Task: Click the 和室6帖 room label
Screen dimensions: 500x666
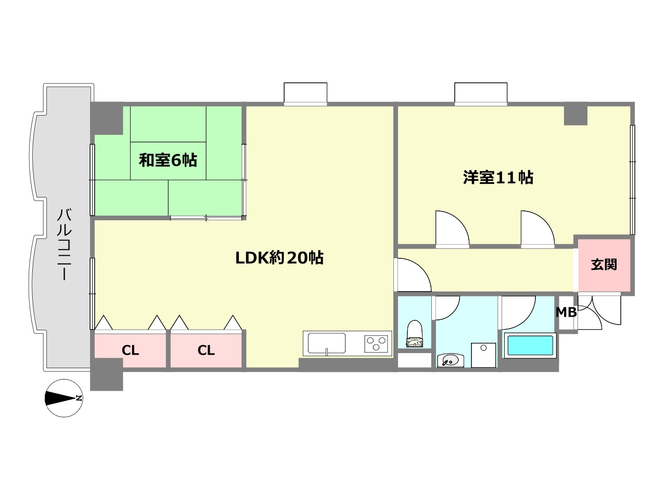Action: (x=168, y=160)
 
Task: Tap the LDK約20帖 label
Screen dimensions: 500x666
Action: (x=279, y=257)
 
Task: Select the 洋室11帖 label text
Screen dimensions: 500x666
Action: (x=498, y=178)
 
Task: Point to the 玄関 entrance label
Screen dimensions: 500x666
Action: (x=604, y=265)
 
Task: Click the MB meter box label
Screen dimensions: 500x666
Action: (x=566, y=312)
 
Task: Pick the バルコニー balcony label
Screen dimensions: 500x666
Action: (x=64, y=244)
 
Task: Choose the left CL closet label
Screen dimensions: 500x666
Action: (x=130, y=351)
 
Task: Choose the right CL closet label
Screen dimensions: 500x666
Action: (x=206, y=351)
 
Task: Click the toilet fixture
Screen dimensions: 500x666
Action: (x=415, y=334)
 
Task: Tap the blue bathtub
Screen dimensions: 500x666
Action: (x=530, y=346)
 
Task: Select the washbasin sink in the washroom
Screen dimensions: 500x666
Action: (x=449, y=359)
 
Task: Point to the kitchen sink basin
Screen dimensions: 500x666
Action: (x=327, y=344)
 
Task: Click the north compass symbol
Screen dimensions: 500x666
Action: (x=63, y=398)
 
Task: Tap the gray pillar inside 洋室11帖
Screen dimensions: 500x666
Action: (x=575, y=115)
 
